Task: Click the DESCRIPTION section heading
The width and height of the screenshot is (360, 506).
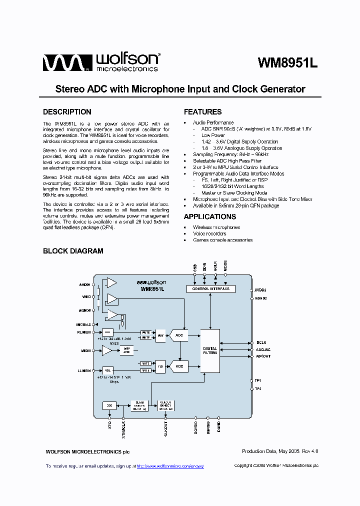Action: click(67, 112)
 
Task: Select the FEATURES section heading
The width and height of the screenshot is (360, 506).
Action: click(202, 112)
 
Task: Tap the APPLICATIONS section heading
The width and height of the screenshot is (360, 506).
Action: click(210, 216)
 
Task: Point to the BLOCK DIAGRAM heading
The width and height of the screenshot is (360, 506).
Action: click(73, 251)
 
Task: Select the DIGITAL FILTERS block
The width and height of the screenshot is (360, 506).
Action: click(210, 350)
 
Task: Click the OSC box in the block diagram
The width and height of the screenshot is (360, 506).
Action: click(109, 405)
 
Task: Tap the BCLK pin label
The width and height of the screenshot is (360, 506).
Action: click(260, 342)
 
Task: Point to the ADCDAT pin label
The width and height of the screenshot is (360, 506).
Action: click(263, 356)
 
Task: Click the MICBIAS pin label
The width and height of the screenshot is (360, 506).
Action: click(83, 324)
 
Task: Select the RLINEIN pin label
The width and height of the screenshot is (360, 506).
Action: click(83, 331)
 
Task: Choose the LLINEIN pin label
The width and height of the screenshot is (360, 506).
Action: click(83, 370)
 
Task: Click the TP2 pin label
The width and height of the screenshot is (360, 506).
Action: click(258, 388)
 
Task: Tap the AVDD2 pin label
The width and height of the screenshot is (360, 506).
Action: click(260, 289)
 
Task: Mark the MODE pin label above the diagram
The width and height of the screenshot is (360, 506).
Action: click(225, 266)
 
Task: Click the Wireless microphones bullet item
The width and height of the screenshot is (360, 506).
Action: click(216, 227)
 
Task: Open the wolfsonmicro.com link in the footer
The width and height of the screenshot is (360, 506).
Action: click(170, 466)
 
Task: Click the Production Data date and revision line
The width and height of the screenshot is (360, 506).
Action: click(280, 451)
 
